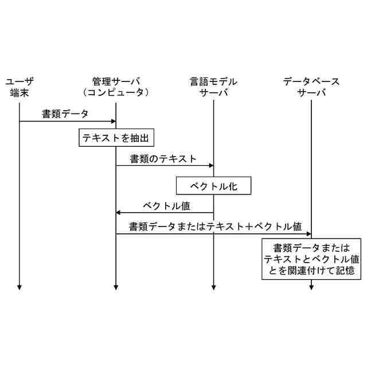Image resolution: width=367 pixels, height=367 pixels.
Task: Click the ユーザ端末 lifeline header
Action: click(x=19, y=87)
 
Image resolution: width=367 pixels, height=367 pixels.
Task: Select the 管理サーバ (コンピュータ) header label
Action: click(x=116, y=87)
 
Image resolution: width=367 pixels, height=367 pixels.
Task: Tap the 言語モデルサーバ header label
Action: click(x=213, y=87)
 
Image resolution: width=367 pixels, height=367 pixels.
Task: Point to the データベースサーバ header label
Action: click(x=311, y=87)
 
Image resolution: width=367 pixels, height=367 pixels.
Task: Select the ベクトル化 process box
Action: click(x=213, y=186)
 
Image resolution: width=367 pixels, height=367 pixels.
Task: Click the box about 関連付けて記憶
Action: click(x=311, y=260)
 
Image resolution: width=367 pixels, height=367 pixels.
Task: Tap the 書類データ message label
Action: click(x=65, y=114)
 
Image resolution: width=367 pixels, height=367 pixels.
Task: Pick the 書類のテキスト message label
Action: click(x=163, y=158)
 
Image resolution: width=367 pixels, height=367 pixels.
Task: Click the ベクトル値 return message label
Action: click(x=166, y=205)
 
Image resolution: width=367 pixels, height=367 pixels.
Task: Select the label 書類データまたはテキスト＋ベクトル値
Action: click(x=216, y=226)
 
